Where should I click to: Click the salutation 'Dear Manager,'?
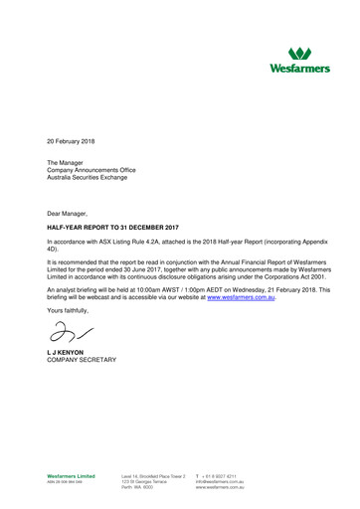69,214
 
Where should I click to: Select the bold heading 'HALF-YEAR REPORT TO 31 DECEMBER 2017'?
118,228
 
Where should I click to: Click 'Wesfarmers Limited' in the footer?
72,477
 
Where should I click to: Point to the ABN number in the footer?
64,483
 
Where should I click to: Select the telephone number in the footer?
223,477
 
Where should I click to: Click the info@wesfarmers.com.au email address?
220,483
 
